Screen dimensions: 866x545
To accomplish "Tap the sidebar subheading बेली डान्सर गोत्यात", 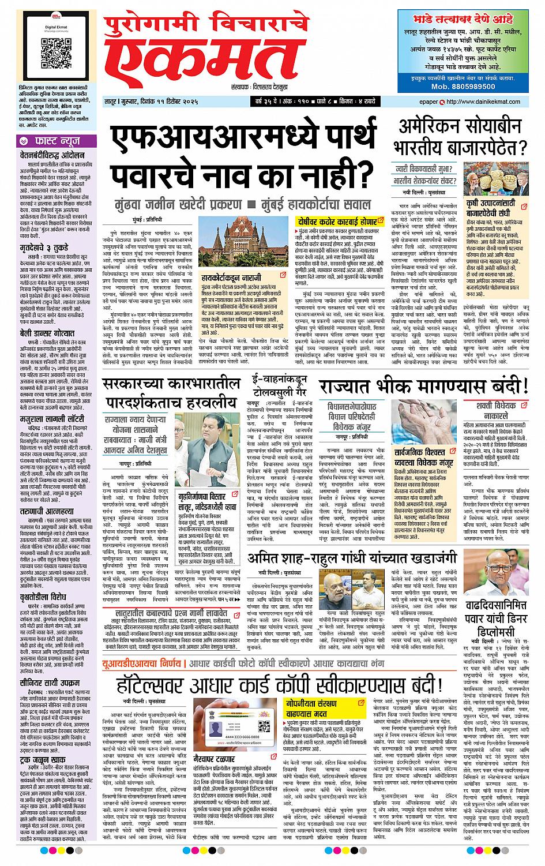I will [x=46, y=333].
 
